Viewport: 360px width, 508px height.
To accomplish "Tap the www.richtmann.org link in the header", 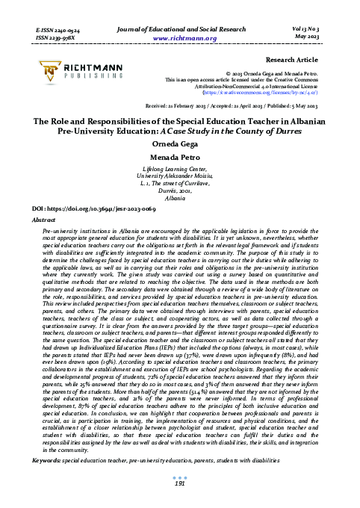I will (x=179, y=35).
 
